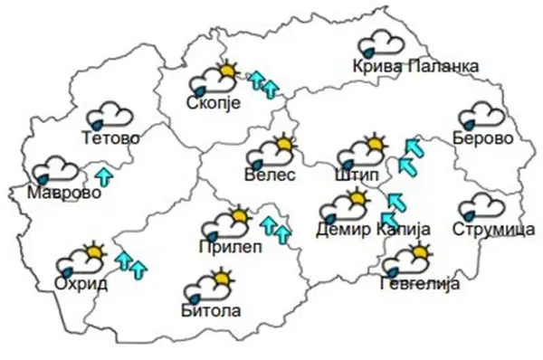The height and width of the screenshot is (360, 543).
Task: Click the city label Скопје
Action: tap(212, 103)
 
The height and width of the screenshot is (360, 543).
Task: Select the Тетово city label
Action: tap(110, 139)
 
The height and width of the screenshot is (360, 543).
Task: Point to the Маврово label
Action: tap(58, 192)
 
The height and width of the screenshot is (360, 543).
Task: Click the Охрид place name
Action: tap(81, 284)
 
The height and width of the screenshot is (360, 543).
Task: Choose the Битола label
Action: tap(211, 311)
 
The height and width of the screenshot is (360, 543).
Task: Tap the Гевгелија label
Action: tap(420, 284)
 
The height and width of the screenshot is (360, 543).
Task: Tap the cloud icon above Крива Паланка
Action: tap(381, 43)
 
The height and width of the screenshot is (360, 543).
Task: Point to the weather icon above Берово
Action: tap(481, 116)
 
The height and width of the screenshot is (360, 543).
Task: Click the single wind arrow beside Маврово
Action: tap(104, 175)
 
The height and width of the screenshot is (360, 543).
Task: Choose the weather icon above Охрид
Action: tap(81, 261)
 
